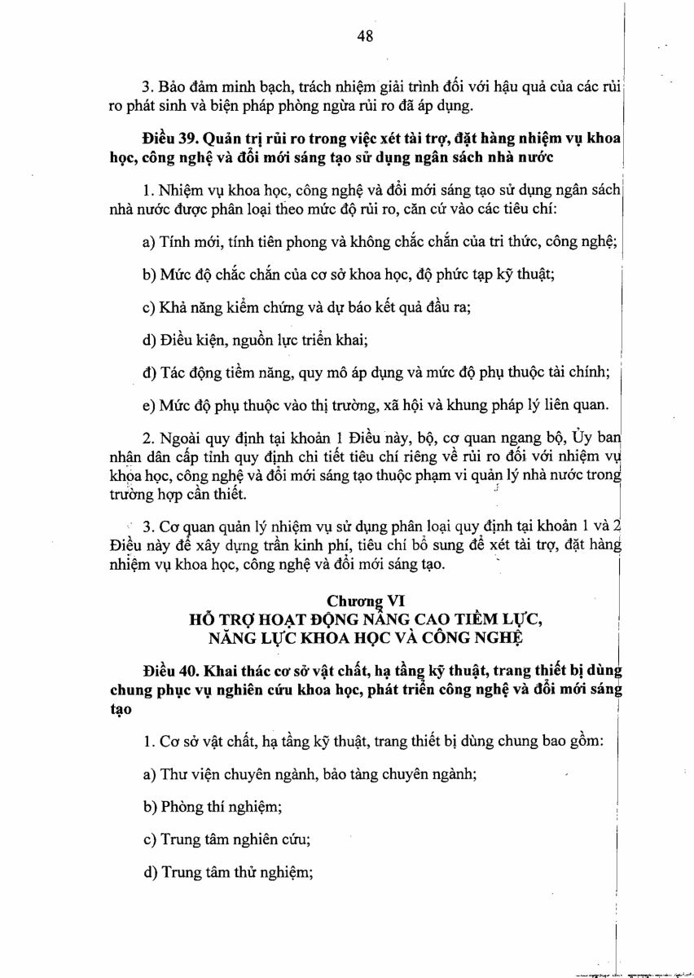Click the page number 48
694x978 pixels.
click(364, 36)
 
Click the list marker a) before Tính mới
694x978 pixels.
click(149, 241)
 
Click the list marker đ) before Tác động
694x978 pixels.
click(149, 373)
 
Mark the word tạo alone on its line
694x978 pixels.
click(120, 710)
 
